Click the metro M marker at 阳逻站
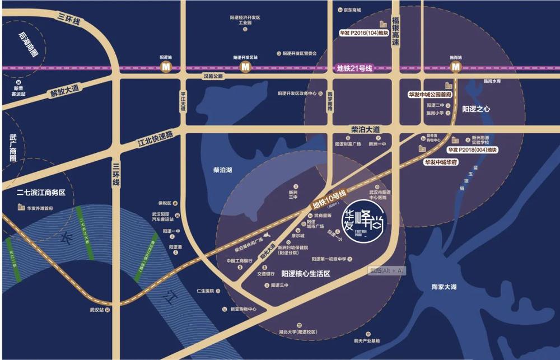166,67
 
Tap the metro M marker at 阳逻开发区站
245,67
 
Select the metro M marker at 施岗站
456,67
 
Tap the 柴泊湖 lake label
223,169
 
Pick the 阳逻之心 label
477,109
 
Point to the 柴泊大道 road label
365,129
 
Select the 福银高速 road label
396,31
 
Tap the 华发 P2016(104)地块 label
363,32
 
